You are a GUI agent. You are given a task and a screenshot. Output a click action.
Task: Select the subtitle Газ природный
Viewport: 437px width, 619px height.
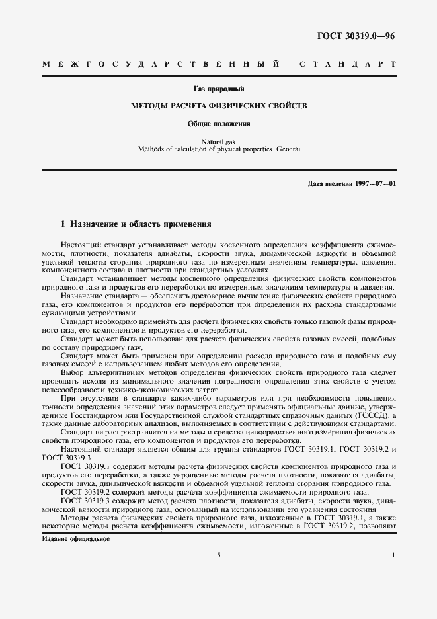[218, 88]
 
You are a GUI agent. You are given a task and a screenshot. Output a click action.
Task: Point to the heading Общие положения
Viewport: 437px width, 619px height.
[218, 124]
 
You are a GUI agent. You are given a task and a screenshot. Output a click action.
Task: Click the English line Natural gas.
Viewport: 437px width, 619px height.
[218, 142]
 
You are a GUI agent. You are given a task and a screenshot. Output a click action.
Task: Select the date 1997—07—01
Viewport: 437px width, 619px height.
[375, 183]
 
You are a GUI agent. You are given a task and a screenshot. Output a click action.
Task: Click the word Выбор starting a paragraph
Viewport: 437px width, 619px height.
[73, 373]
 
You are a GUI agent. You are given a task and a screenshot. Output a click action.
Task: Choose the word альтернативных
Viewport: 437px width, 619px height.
[122, 373]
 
